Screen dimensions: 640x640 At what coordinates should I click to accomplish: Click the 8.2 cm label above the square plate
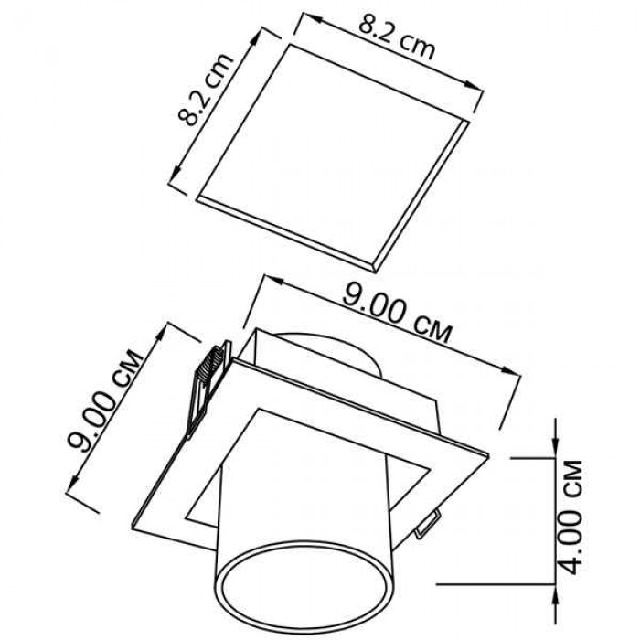pyautogui.click(x=397, y=38)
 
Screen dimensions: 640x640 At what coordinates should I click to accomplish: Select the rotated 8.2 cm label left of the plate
pyautogui.click(x=206, y=89)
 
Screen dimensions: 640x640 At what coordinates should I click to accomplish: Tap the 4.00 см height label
pyautogui.click(x=571, y=517)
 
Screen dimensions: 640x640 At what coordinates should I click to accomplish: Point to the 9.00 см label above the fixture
pyautogui.click(x=397, y=313)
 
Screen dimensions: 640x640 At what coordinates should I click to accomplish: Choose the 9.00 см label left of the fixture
pyautogui.click(x=104, y=400)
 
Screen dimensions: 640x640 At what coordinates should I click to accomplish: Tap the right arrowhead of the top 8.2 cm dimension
pyautogui.click(x=474, y=86)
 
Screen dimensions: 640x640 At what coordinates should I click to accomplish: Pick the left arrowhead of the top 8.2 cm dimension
pyautogui.click(x=309, y=18)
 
